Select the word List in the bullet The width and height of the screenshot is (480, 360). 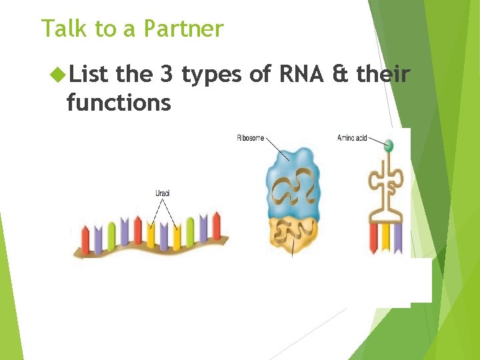pyautogui.click(x=89, y=75)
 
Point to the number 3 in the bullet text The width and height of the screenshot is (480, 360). pyautogui.click(x=166, y=75)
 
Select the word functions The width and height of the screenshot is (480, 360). pyautogui.click(x=118, y=103)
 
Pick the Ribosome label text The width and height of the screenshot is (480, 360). pyautogui.click(x=250, y=138)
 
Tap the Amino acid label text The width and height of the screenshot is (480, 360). pyautogui.click(x=351, y=138)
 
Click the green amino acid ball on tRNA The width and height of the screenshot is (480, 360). pyautogui.click(x=389, y=145)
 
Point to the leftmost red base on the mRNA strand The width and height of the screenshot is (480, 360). pyautogui.click(x=85, y=237)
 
